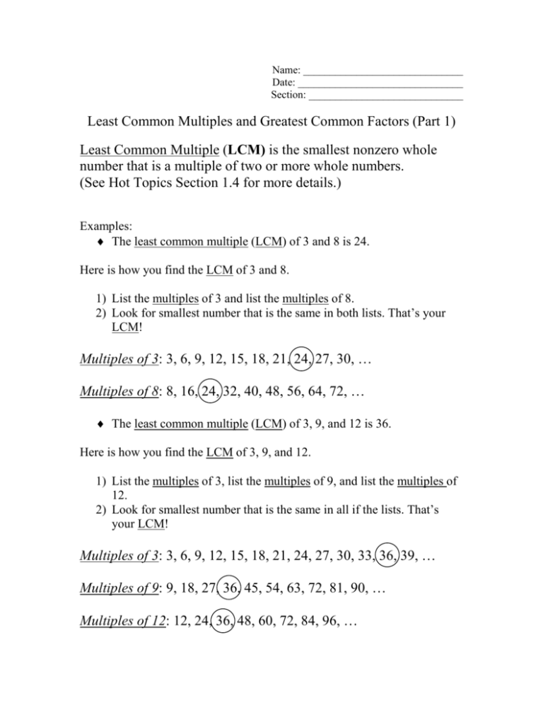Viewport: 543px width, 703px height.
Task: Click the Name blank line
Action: [383, 73]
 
